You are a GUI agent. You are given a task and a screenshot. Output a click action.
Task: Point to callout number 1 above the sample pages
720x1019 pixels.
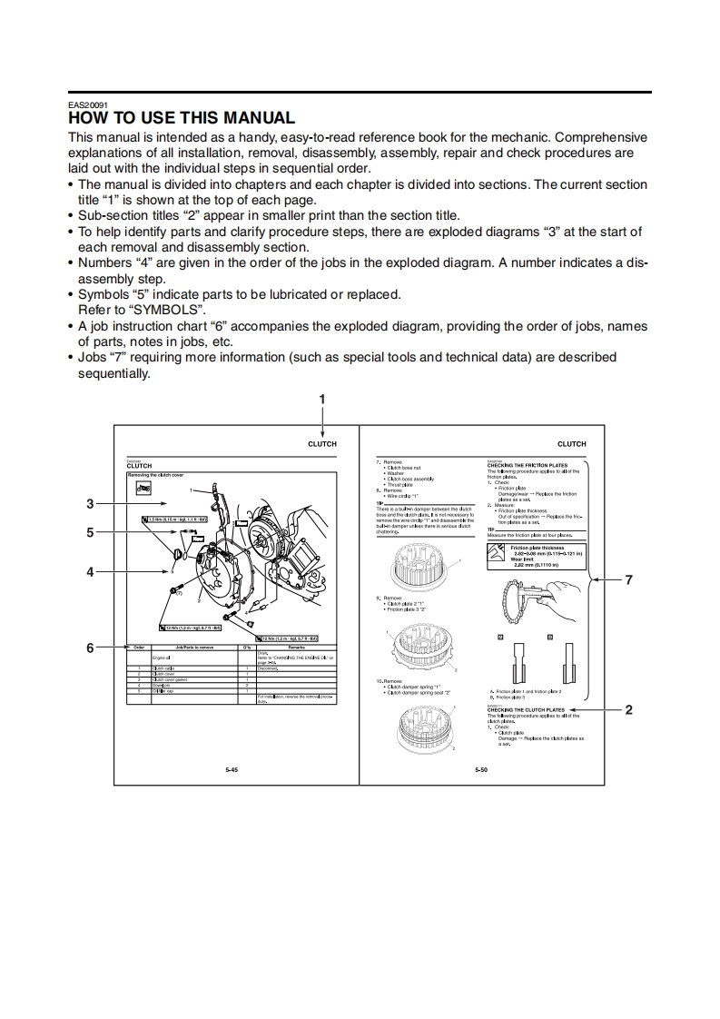pos(321,399)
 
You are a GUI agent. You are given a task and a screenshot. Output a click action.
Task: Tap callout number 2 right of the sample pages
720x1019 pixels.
pos(628,710)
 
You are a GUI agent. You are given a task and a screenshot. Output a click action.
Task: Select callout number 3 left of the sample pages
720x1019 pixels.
pos(90,503)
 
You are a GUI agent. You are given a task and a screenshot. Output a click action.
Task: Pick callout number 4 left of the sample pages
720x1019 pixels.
pos(90,572)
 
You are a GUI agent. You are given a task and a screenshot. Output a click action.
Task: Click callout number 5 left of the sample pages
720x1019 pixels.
pos(90,533)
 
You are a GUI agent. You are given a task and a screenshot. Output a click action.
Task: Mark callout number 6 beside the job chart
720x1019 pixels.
pos(90,648)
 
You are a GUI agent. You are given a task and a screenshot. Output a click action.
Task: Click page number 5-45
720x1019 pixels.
pos(232,769)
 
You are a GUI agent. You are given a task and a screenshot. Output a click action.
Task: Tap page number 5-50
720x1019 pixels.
pos(481,769)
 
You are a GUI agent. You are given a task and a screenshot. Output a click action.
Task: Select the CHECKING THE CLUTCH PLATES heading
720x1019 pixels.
pos(526,710)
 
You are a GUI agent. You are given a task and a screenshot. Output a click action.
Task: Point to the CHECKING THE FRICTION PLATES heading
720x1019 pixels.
pos(528,465)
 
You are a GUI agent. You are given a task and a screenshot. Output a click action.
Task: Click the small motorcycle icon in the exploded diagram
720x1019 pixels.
pos(142,489)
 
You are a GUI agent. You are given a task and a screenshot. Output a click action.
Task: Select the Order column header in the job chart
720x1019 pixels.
pos(139,647)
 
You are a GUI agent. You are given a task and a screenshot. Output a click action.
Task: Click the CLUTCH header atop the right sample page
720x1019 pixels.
pos(571,444)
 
